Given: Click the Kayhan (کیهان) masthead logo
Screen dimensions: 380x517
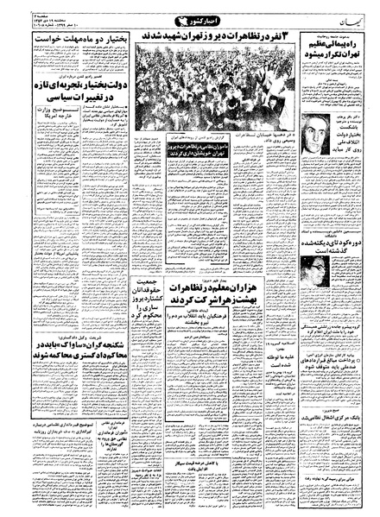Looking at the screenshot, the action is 340,18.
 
